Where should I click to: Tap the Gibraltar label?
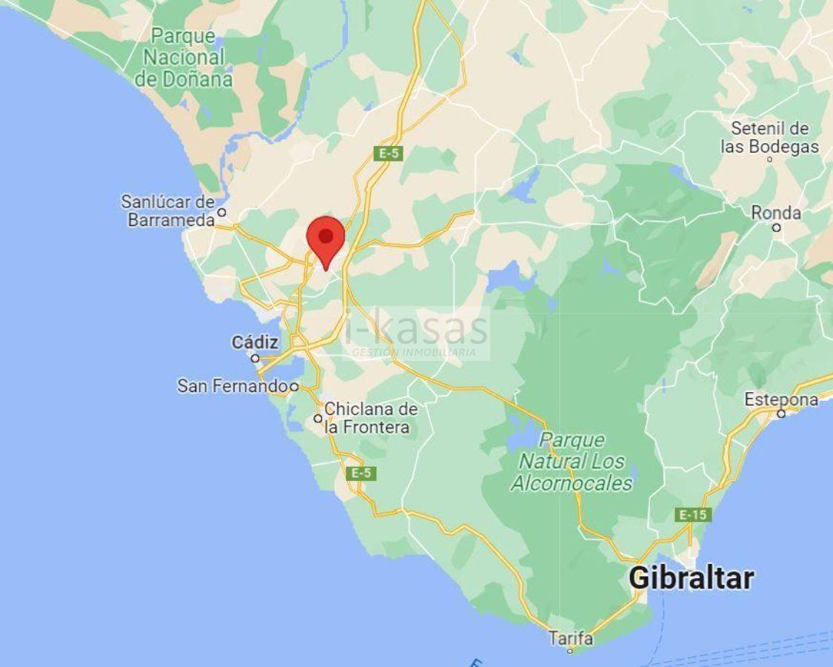pos(691,578)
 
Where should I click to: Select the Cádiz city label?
pos(255,342)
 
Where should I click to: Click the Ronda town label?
pos(776,213)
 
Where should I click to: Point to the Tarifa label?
pos(570,637)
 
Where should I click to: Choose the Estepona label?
pos(781,400)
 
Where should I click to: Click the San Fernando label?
pos(232,386)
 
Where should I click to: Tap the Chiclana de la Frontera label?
pos(370,418)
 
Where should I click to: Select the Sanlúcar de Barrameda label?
pos(168,210)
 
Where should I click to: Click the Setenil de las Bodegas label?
pos(770,137)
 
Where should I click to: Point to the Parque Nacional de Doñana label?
pos(184,58)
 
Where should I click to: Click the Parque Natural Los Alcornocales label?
pos(572,462)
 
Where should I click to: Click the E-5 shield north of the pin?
pos(389,153)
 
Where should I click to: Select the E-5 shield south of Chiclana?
pos(361,474)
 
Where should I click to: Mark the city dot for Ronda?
pos(776,228)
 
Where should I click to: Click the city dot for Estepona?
pos(780,414)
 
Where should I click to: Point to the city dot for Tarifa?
pos(569,651)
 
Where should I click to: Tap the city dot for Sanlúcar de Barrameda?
pos(221,212)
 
